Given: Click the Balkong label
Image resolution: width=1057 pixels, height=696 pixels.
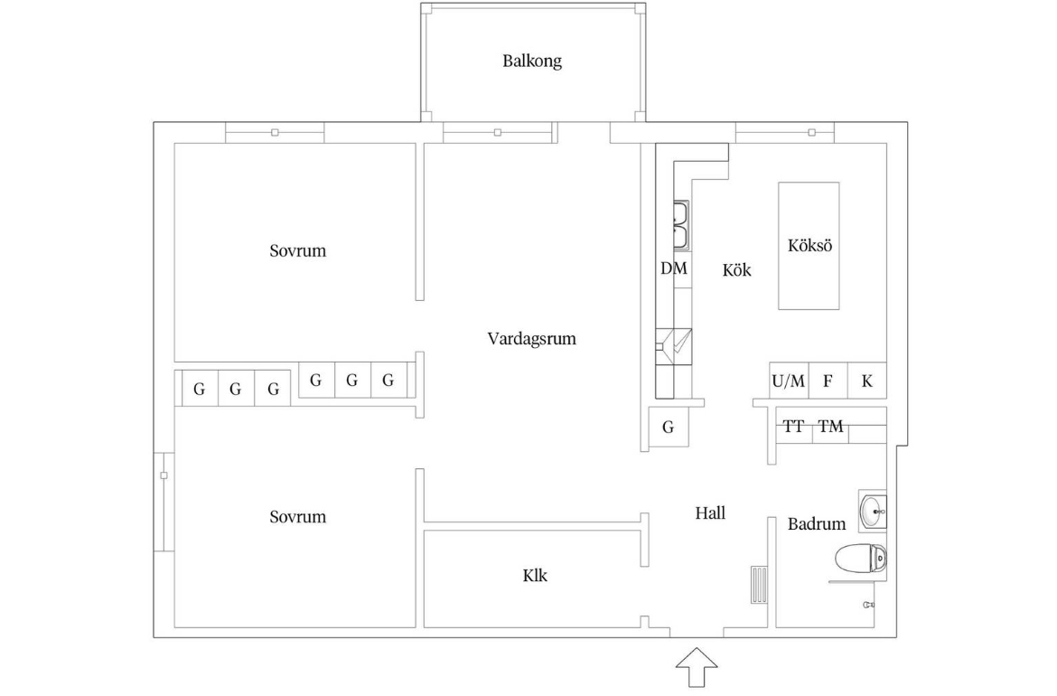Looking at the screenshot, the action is point(532,61).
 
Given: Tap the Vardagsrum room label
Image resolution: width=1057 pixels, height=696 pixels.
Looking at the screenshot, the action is point(532,339).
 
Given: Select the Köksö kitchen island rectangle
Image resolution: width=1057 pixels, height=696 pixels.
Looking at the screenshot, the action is point(809,246).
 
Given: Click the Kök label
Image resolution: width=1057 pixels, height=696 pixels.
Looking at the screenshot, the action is point(737,270).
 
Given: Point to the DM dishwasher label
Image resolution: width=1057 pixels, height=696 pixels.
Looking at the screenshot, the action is point(673,268).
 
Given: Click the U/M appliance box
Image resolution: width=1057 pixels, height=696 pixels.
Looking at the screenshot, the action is point(790,381).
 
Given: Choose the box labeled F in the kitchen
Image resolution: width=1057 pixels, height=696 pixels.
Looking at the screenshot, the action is point(828,381).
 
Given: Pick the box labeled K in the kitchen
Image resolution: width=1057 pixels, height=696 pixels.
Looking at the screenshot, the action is point(867,381).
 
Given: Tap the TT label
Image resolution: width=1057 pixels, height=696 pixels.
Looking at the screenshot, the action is point(793,427).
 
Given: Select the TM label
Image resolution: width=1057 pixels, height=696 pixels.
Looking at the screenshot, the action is point(830,427).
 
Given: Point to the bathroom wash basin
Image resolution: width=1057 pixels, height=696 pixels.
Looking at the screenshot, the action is point(873,511).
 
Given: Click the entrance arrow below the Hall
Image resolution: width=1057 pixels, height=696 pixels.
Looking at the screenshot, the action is point(697,667).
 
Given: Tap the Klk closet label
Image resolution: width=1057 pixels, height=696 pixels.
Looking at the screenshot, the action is point(535,576).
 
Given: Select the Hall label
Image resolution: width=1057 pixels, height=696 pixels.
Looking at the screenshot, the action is point(710,514).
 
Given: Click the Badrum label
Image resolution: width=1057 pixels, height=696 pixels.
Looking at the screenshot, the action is point(817,524).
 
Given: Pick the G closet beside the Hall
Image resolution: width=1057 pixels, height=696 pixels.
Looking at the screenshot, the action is point(668,427).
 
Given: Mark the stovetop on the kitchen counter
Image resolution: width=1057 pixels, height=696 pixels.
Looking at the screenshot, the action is point(673,347).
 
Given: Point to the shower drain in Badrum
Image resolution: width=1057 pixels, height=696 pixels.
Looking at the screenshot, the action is point(869,605).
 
